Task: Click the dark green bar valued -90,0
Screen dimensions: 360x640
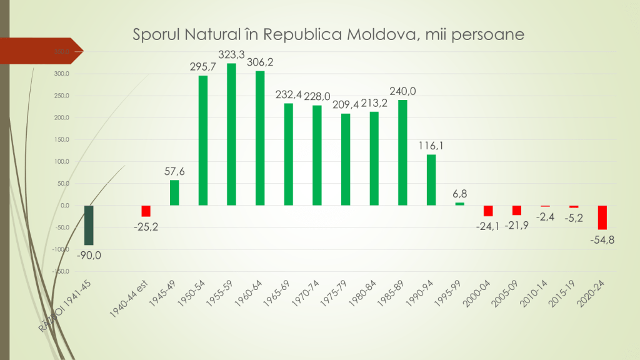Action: (x=89, y=225)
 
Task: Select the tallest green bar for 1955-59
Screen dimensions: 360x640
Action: (x=231, y=134)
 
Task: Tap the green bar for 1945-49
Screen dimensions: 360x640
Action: (x=174, y=192)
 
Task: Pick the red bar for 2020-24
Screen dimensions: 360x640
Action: (x=602, y=217)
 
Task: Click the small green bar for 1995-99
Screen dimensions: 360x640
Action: (x=459, y=204)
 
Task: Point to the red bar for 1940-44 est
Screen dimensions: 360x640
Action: (x=146, y=211)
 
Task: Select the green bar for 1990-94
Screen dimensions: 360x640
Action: (x=431, y=180)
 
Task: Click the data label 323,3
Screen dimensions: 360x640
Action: (x=232, y=54)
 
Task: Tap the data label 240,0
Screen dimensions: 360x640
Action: (x=402, y=91)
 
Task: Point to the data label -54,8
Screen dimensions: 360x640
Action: (x=602, y=239)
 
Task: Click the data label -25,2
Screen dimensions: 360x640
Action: (x=146, y=226)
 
